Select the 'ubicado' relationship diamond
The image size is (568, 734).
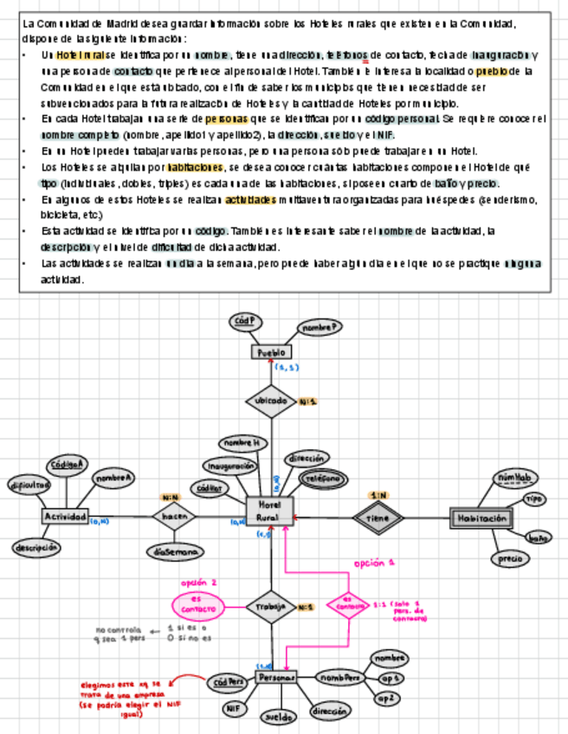point(271,402)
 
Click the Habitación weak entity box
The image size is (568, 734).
point(479,518)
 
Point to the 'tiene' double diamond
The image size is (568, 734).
point(378,518)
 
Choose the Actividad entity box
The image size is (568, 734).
point(65,517)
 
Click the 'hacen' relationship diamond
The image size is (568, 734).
point(173,517)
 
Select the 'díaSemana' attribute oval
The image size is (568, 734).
point(175,550)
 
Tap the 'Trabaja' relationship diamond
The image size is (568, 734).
point(270,608)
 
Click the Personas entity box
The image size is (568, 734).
point(276,677)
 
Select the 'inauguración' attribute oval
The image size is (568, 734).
point(230,467)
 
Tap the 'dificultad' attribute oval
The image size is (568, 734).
point(29,486)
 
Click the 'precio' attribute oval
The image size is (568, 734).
point(510,559)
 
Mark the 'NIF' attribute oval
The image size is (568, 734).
point(232,708)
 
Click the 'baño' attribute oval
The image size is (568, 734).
point(538,537)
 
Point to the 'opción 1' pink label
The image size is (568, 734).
point(375,563)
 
